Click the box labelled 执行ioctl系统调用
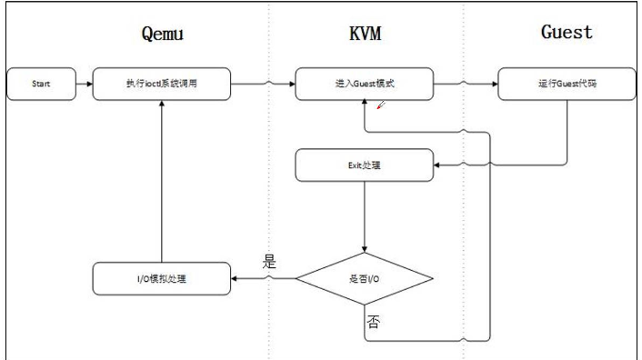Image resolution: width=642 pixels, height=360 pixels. click(x=161, y=85)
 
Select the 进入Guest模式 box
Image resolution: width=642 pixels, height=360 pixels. click(x=364, y=85)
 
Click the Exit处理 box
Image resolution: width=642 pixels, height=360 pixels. click(x=364, y=165)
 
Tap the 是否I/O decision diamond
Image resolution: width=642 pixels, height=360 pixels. click(x=364, y=277)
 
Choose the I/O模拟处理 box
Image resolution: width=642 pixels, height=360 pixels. click(x=161, y=277)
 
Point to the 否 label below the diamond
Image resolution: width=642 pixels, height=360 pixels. click(x=373, y=321)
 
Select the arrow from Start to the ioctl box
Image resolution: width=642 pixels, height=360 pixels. click(x=81, y=85)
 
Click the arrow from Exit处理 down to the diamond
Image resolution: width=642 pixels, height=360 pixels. click(x=364, y=215)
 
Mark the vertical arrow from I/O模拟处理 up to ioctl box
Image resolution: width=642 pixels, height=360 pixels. click(x=161, y=182)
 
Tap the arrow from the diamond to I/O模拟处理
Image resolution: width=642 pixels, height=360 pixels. click(x=264, y=277)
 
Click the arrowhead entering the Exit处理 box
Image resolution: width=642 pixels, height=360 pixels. click(x=435, y=165)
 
